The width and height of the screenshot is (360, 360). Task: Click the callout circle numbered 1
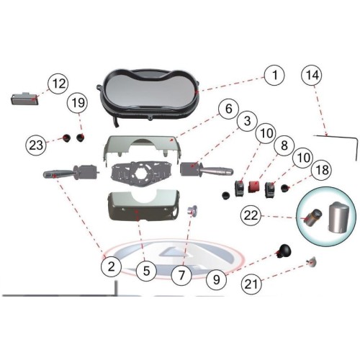click(x=274, y=75)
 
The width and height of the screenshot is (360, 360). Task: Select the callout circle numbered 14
click(x=312, y=75)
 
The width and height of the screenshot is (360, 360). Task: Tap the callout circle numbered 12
click(x=58, y=84)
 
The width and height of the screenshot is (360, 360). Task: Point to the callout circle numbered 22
click(x=251, y=215)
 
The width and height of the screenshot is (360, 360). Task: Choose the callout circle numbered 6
click(x=229, y=109)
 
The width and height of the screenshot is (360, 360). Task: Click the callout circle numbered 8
click(x=284, y=145)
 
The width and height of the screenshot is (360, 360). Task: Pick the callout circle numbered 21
click(x=251, y=284)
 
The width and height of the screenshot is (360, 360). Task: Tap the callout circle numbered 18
click(x=323, y=170)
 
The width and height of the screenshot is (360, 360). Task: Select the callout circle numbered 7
click(x=181, y=275)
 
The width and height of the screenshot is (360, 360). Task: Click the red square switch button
click(x=254, y=186)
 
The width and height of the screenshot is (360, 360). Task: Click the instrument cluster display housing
click(x=148, y=95)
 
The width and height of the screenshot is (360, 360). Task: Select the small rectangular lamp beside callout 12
click(x=24, y=99)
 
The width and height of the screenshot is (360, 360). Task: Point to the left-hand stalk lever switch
click(x=71, y=171)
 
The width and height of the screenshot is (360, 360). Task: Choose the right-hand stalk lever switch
click(x=207, y=169)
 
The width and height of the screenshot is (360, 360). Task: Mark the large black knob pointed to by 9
click(x=284, y=251)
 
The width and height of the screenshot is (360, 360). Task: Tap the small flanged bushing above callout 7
click(x=192, y=210)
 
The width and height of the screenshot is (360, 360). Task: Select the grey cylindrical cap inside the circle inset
click(x=339, y=217)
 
